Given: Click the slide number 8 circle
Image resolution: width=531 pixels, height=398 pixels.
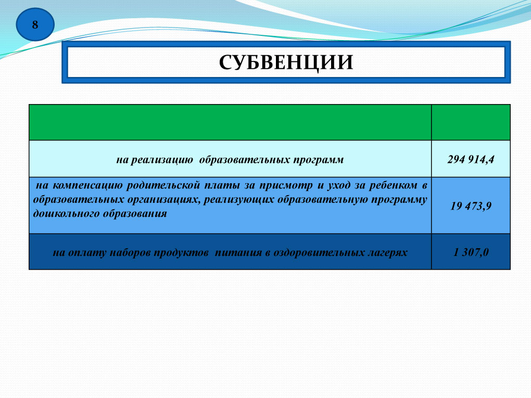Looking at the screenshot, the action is [35, 24].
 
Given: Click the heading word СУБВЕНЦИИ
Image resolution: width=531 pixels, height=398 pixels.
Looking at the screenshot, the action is [286, 62].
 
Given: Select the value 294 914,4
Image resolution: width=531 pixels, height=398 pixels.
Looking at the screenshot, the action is [471, 159].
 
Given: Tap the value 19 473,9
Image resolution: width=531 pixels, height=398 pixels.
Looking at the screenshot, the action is [471, 206].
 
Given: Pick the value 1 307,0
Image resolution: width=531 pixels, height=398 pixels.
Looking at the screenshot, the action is [471, 252].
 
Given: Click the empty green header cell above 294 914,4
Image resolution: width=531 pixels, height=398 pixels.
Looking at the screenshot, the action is [471, 122].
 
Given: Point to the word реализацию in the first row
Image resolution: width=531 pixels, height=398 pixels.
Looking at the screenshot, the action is [162, 160].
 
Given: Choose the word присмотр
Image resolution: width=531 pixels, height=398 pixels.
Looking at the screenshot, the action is [286, 186].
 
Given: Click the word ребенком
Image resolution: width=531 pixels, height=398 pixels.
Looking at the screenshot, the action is [393, 185].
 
